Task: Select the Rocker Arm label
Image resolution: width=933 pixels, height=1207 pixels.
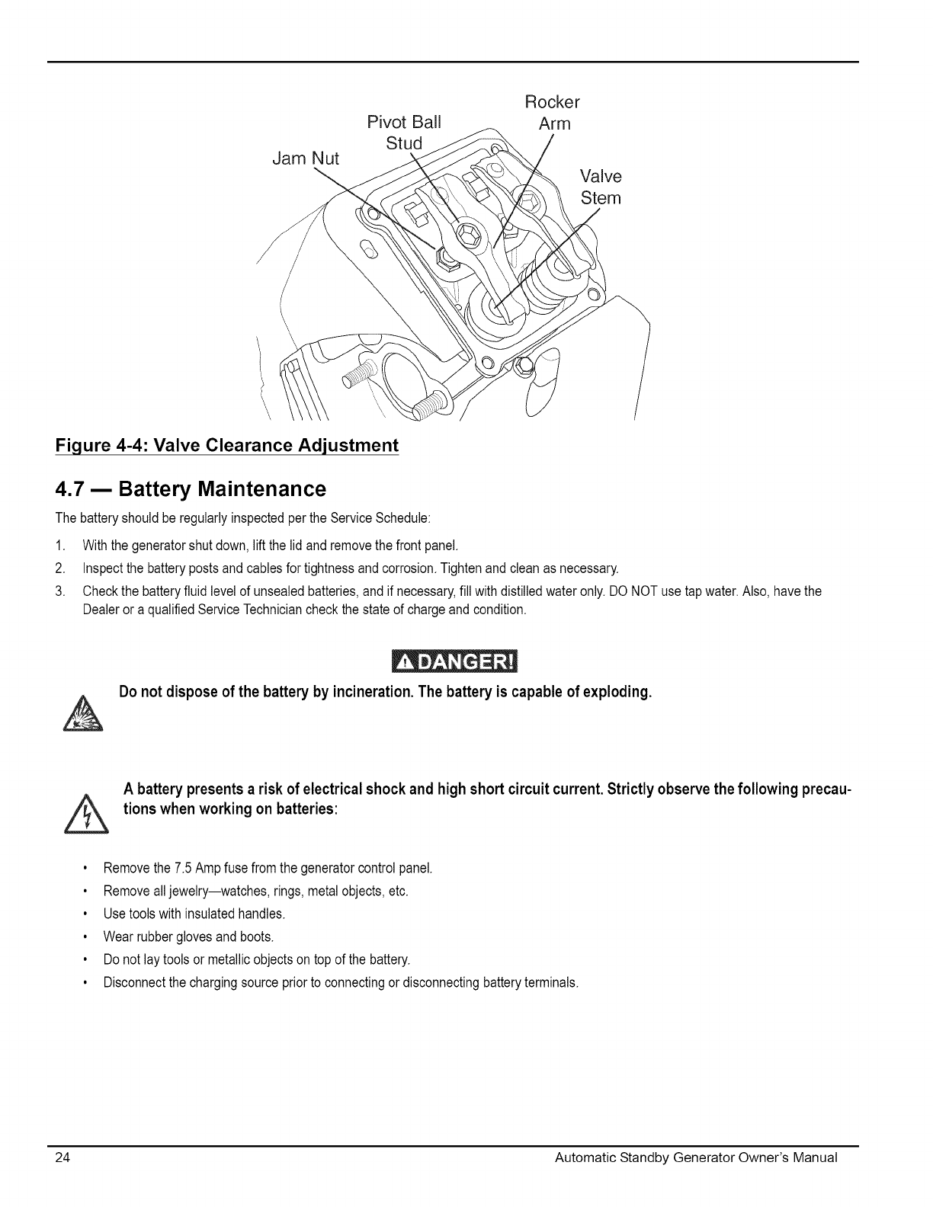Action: pyautogui.click(x=553, y=112)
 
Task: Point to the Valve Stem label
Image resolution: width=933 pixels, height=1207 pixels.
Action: pyautogui.click(x=601, y=187)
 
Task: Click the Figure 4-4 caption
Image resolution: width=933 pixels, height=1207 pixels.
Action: pyautogui.click(x=227, y=445)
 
